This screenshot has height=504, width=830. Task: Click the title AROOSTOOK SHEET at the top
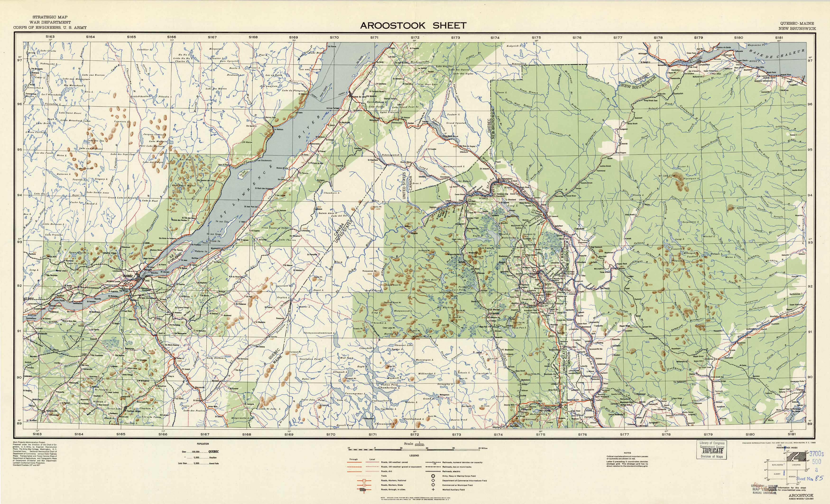tap(413, 26)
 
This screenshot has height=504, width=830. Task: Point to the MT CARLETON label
tap(667, 176)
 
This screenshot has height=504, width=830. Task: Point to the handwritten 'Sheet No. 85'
tap(810, 478)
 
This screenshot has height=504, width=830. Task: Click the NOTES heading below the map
tap(627, 453)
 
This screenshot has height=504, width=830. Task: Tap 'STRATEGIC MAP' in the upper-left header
tap(50, 17)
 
